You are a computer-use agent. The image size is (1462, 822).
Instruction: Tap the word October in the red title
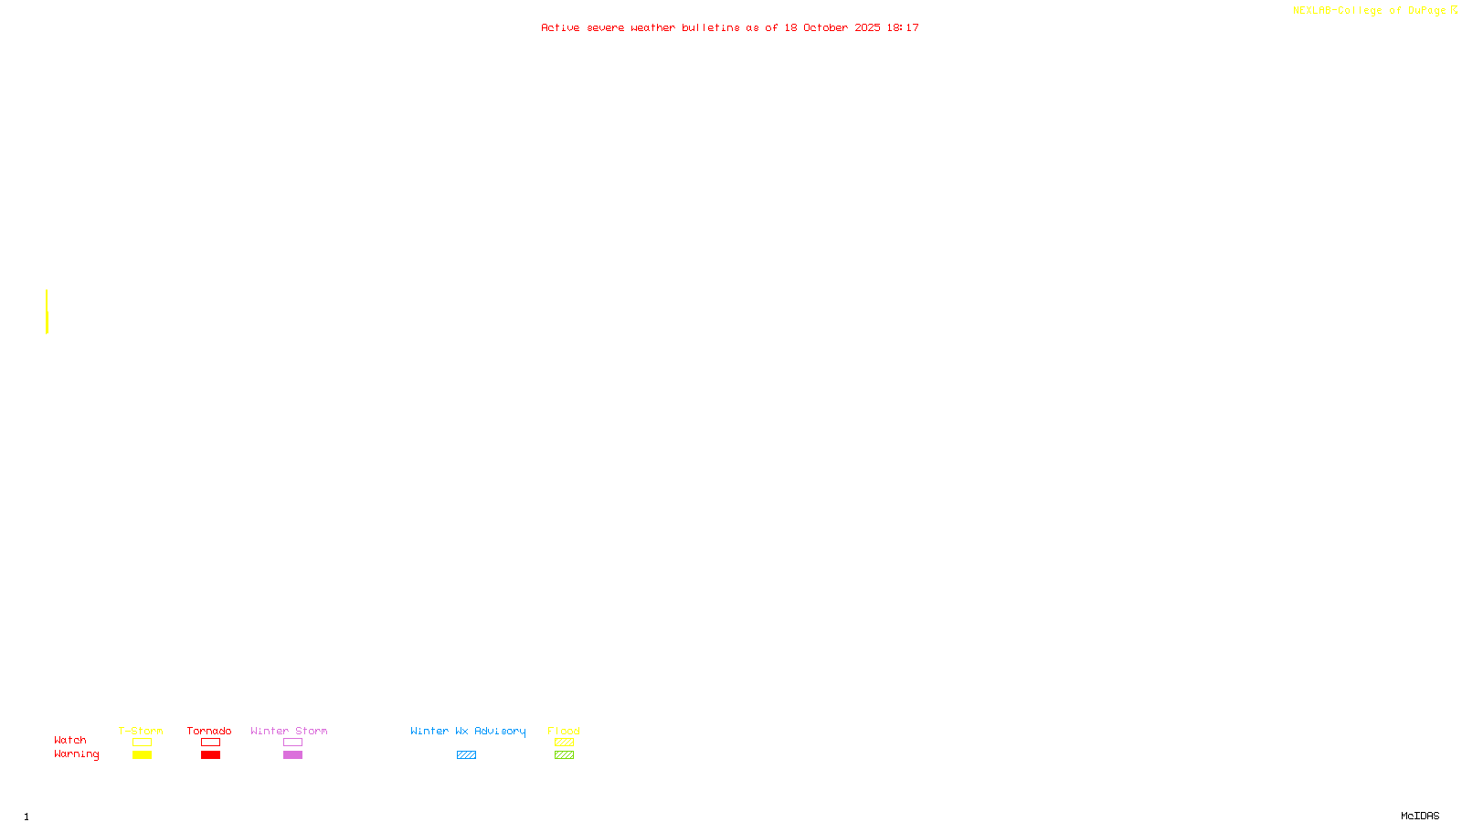click(825, 27)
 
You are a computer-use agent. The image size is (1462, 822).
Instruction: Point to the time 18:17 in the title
click(903, 27)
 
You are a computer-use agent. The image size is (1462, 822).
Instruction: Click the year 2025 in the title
click(868, 27)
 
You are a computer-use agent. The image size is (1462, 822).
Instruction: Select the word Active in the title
click(560, 27)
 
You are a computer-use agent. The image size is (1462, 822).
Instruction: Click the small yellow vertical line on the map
click(47, 311)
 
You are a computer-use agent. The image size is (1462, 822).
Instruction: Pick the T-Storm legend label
click(141, 731)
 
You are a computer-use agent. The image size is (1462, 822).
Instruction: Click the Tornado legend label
click(209, 731)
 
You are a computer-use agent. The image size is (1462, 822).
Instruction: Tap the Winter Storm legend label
click(289, 731)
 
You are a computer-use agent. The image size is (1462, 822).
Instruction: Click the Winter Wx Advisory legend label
click(468, 731)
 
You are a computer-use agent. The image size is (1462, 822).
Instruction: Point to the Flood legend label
click(564, 731)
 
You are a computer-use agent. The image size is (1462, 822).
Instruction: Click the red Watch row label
click(70, 740)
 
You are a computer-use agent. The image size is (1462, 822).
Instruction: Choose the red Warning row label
click(77, 754)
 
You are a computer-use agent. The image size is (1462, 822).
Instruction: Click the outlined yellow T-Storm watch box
click(142, 743)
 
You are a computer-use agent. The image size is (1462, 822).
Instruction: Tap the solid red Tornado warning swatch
click(211, 755)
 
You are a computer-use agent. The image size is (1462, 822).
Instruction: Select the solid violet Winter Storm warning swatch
click(292, 755)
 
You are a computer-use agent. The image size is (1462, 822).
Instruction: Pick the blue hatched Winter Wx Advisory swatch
click(466, 755)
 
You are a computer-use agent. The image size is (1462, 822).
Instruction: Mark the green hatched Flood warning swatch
click(564, 755)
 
